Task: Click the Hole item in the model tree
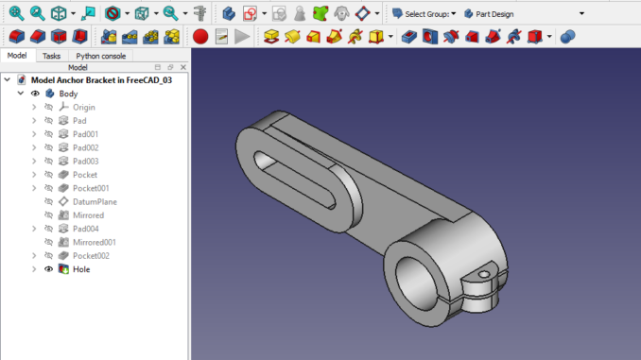[81, 269]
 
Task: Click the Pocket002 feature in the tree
[91, 256]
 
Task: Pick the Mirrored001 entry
[95, 243]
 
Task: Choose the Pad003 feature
[85, 162]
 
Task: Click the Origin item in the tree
[84, 108]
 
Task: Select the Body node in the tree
[68, 94]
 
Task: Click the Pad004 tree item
[85, 229]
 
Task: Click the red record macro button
[199, 37]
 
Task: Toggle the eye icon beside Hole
[48, 269]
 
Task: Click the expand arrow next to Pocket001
[35, 189]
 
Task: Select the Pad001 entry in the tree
[85, 135]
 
